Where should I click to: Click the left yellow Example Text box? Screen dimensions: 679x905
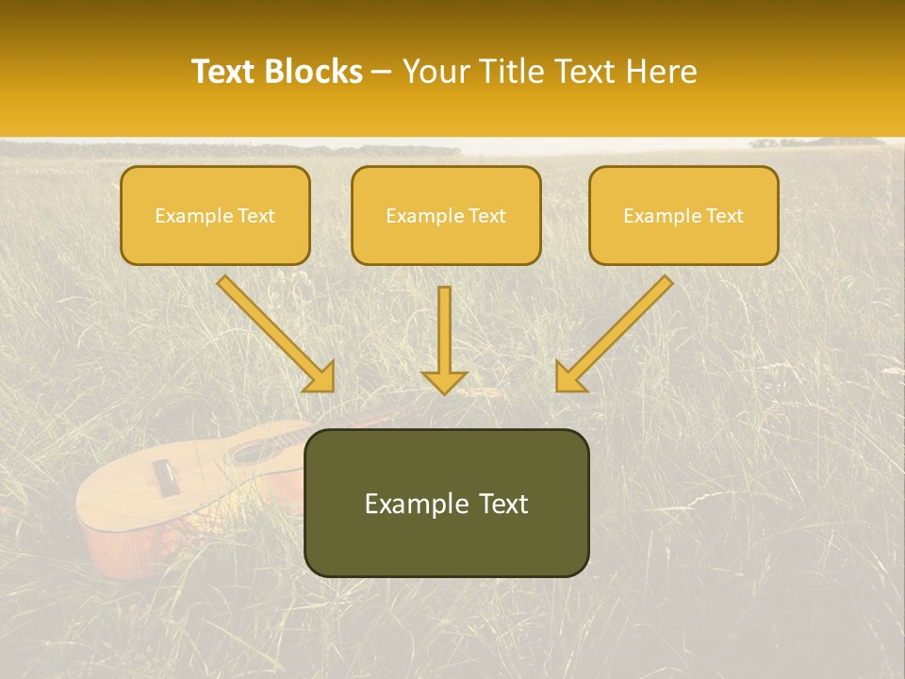215,215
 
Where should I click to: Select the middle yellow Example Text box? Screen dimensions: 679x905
446,215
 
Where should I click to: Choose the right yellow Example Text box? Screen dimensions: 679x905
683,215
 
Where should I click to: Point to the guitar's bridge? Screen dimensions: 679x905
166,477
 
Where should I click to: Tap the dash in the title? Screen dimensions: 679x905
382,73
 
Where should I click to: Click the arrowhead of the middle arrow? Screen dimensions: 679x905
444,381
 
